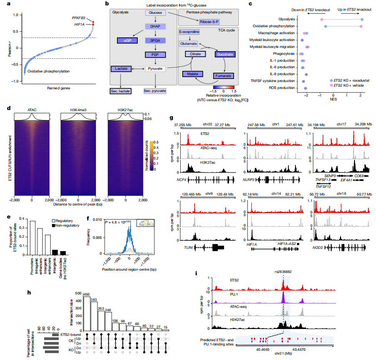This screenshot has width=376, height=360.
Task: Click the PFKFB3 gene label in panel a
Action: [79, 18]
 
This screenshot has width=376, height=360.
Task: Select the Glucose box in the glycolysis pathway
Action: [155, 13]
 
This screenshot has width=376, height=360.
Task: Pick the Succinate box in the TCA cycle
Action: [225, 54]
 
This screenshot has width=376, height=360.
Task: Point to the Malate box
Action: [192, 74]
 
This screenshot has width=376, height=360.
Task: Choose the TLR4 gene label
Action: [188, 248]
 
